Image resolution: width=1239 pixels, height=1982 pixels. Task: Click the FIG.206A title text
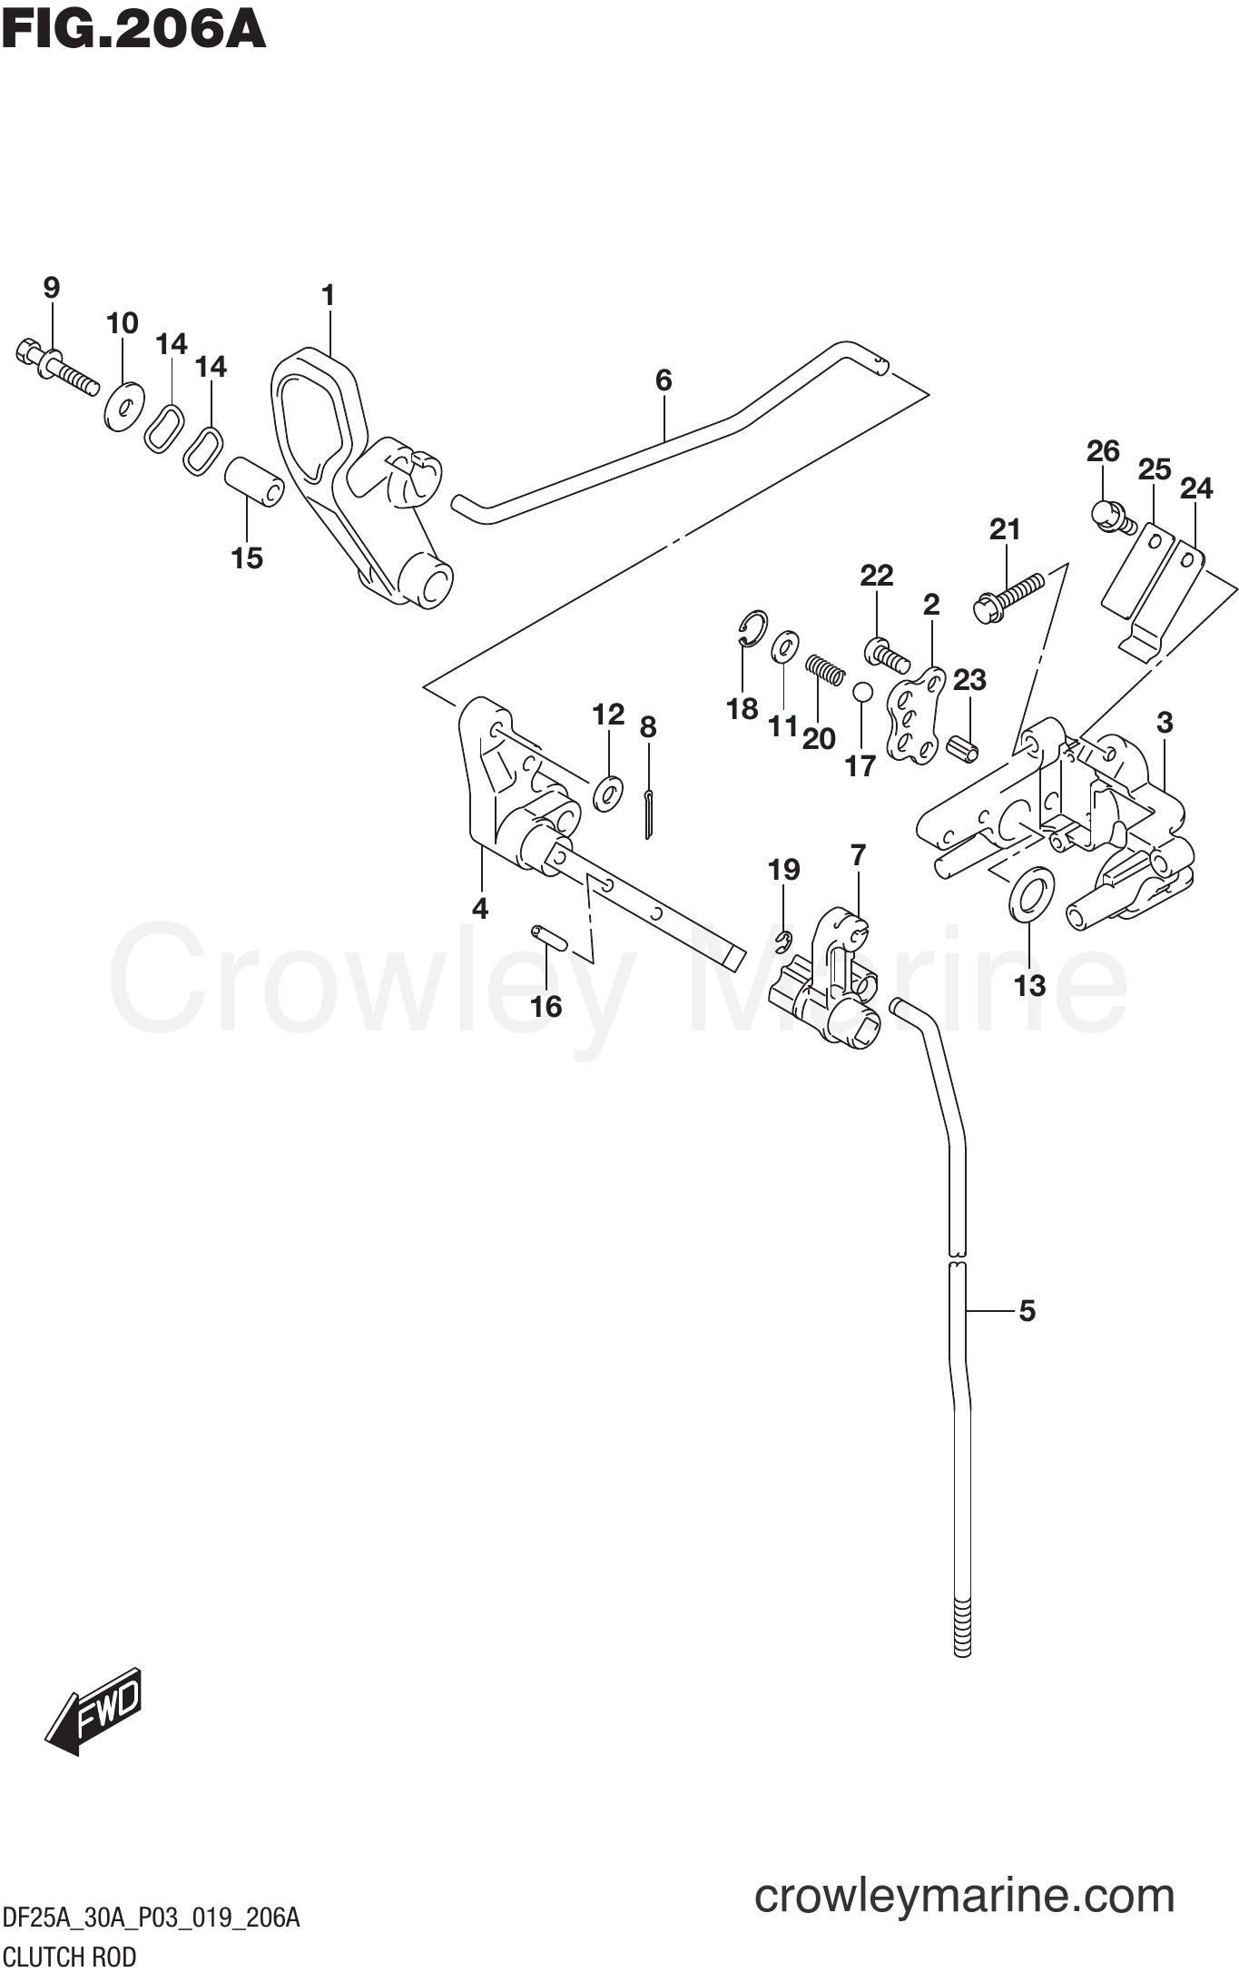pyautogui.click(x=133, y=30)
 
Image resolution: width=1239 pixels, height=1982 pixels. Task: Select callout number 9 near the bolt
pyautogui.click(x=51, y=288)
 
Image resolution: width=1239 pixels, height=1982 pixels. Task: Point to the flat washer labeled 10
pyautogui.click(x=124, y=406)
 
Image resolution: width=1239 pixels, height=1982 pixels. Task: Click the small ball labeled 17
pyautogui.click(x=861, y=693)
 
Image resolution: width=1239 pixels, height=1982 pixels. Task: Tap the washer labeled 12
pyautogui.click(x=607, y=793)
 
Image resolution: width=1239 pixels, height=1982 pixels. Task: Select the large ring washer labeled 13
pyautogui.click(x=1031, y=893)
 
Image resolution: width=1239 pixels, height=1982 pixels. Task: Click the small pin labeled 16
pyautogui.click(x=548, y=937)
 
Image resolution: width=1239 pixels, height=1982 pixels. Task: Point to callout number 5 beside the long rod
pyautogui.click(x=1027, y=1310)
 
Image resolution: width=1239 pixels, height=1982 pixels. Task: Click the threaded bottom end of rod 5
pyautogui.click(x=963, y=1628)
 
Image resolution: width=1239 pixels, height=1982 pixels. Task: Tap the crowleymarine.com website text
pyautogui.click(x=964, y=1896)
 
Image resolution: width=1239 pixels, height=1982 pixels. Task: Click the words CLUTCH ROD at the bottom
pyautogui.click(x=69, y=1956)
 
